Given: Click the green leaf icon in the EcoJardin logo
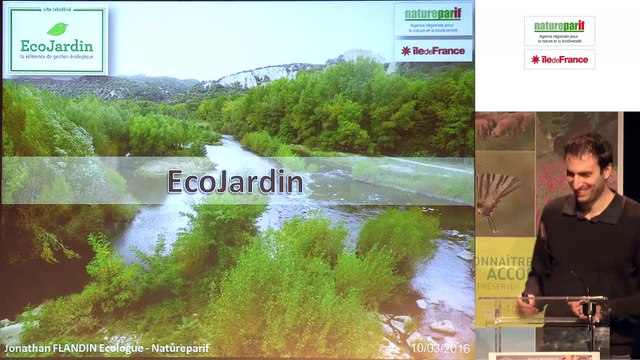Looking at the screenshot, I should pyautogui.click(x=57, y=28).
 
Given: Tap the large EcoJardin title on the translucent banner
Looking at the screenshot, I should pyautogui.click(x=235, y=182).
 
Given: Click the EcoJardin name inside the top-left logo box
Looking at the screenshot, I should pyautogui.click(x=57, y=46).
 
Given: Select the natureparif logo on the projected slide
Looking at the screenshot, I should pyautogui.click(x=433, y=18).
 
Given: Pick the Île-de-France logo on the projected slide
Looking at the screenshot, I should pyautogui.click(x=433, y=50).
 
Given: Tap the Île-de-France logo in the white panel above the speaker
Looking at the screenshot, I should pyautogui.click(x=559, y=59).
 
